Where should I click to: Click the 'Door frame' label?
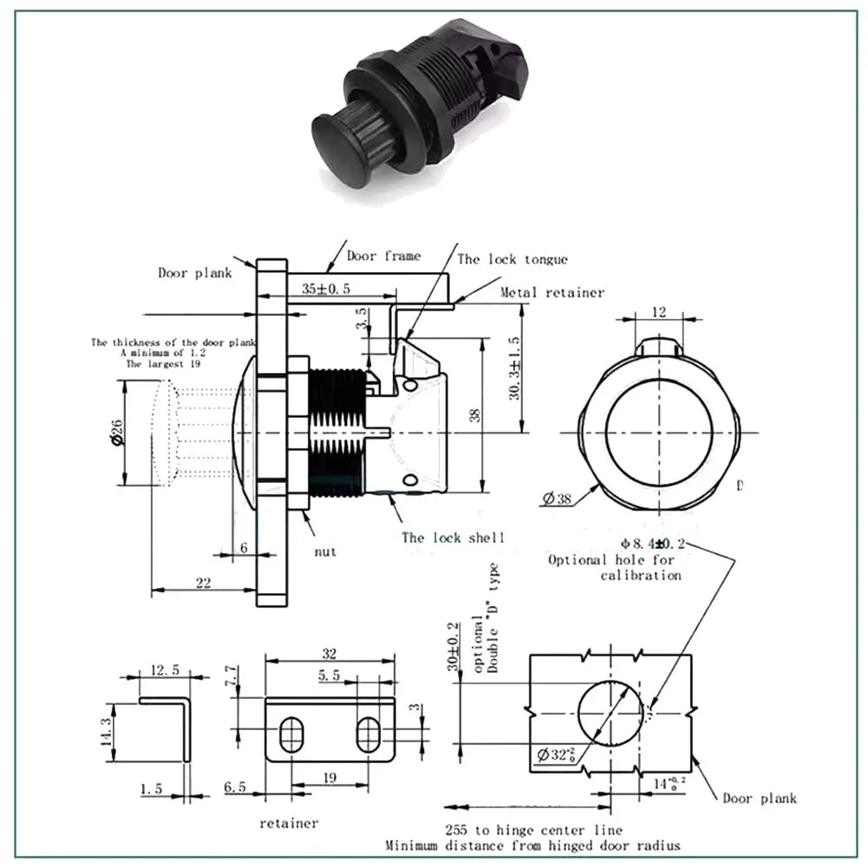[383, 256]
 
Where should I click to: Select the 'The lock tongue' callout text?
[512, 258]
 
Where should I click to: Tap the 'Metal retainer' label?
[551, 292]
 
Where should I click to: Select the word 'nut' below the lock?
[325, 551]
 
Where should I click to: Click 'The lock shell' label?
[452, 538]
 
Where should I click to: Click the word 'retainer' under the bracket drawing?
[289, 822]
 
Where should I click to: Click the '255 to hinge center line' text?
[532, 830]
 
